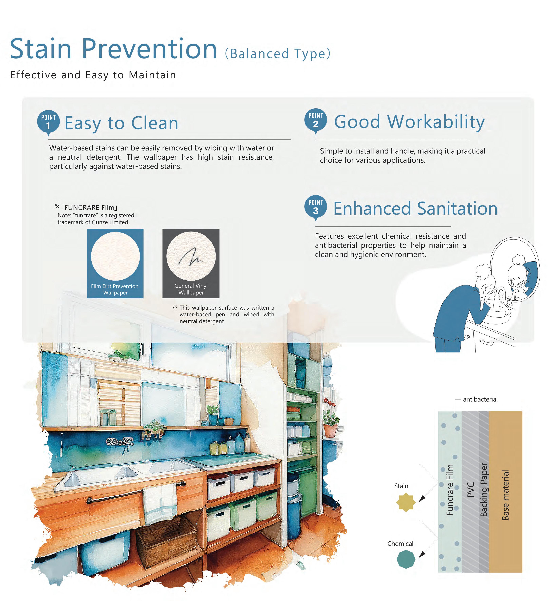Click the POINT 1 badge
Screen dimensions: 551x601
point(48,122)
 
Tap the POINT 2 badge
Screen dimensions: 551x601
point(316,121)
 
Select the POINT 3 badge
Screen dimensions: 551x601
point(316,207)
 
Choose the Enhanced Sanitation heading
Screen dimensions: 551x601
point(415,208)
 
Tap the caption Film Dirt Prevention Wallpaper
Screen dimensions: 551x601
point(115,289)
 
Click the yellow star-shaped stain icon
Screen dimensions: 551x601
point(406,502)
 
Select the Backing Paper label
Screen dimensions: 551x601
point(484,490)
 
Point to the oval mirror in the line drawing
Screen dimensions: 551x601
point(515,270)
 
